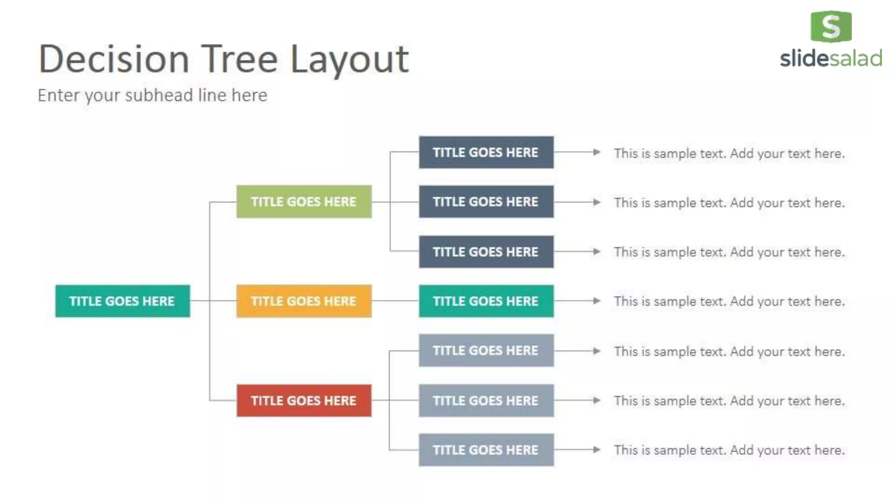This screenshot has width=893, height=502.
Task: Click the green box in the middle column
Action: coord(304,201)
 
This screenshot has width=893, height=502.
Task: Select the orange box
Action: coord(304,301)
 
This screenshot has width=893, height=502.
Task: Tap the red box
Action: coord(304,400)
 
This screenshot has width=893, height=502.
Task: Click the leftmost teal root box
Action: coord(123,301)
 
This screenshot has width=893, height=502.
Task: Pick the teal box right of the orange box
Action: coord(486,301)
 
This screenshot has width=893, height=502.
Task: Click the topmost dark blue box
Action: coord(486,152)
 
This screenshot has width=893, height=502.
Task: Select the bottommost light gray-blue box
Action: coord(486,450)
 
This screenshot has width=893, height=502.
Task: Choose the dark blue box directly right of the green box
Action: coord(486,201)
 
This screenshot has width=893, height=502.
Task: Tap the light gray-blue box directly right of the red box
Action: coord(486,400)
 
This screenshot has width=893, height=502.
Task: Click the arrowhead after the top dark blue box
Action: coord(596,152)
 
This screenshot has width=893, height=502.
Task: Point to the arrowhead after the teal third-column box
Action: coord(596,301)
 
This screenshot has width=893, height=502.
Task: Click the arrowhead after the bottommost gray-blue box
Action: coord(596,450)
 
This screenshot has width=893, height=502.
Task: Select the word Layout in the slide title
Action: coord(349,60)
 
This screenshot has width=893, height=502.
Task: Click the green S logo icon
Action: coord(831,27)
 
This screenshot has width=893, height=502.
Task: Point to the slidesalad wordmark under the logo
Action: coord(831,58)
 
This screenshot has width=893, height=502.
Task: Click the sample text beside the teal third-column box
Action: coord(729,301)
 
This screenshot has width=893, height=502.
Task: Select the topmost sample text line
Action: coord(729,153)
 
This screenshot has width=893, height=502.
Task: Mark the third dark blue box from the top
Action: coord(486,251)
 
